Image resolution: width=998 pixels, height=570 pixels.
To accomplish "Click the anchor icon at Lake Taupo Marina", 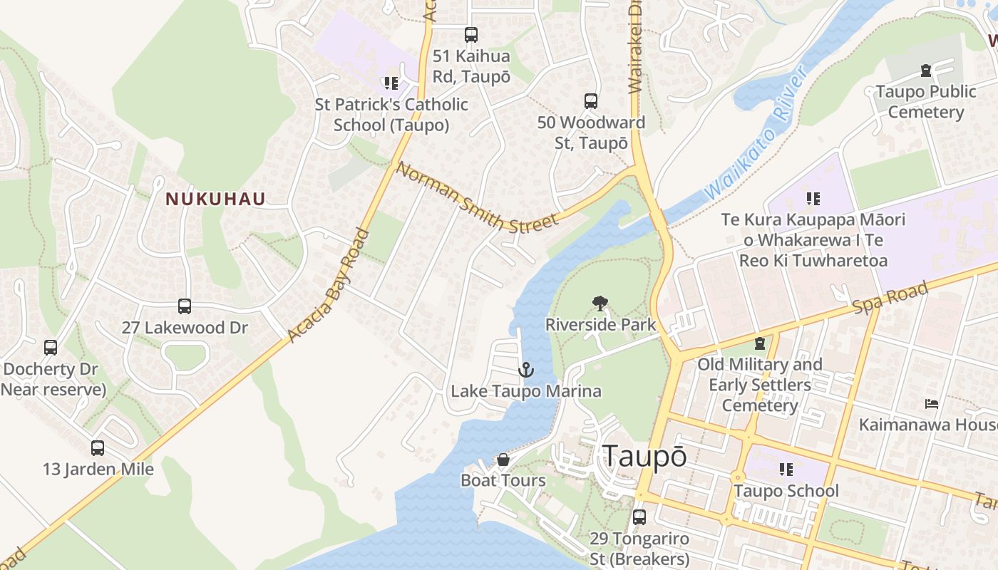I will [525, 370].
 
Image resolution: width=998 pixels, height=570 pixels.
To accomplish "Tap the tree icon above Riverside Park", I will [600, 304].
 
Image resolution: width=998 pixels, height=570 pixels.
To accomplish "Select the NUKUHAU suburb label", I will [215, 199].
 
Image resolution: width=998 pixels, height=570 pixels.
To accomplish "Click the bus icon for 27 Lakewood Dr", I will [185, 306].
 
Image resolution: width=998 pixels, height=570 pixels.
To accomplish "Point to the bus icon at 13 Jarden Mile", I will [98, 448].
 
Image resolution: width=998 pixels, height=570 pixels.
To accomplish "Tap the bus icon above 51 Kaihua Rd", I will [470, 34].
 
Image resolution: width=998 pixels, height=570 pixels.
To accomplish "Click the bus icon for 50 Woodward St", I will [590, 101].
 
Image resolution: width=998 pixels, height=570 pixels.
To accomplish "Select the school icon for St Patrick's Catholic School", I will [391, 83].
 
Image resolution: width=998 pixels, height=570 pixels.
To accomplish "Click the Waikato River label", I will [756, 133].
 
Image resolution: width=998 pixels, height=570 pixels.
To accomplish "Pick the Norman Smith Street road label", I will [477, 198].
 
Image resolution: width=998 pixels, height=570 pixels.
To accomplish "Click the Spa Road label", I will [891, 296].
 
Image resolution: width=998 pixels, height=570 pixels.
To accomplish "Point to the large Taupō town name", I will [644, 457].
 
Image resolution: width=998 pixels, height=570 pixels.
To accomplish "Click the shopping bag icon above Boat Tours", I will [503, 460].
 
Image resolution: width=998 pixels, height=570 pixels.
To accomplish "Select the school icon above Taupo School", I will [786, 470].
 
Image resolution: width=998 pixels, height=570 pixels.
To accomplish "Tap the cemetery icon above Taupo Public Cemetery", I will [925, 71].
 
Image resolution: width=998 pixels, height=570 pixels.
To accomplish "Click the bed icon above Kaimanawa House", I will [931, 404].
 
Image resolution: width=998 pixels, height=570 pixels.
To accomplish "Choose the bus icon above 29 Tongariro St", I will [639, 517].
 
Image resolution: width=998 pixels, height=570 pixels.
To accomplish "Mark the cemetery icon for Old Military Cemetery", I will [759, 343].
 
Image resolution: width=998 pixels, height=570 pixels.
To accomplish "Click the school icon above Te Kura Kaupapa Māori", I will [813, 198].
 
